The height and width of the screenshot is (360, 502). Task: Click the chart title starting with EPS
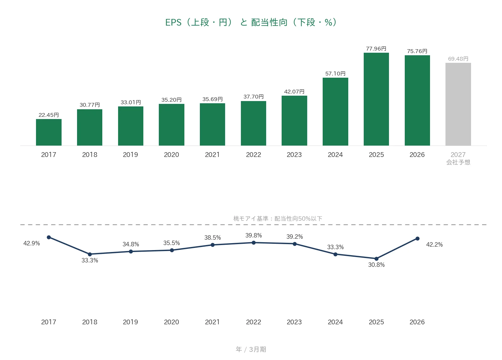coord(251,22)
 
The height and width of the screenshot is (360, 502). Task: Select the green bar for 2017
coord(49,132)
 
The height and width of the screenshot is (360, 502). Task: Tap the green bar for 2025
coord(376,99)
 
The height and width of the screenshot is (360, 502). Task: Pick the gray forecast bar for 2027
coord(458,104)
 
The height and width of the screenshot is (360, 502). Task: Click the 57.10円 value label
coord(335,74)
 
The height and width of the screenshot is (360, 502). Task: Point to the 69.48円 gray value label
coord(458,59)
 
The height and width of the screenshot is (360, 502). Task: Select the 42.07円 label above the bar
coord(294,92)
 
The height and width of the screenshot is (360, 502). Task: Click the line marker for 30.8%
coord(376,259)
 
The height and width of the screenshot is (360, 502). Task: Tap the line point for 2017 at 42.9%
coord(49,237)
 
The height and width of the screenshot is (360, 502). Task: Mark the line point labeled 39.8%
coord(254,243)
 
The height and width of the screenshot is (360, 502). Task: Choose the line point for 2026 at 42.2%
coord(417,238)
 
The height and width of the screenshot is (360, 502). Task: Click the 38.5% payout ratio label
coord(212,237)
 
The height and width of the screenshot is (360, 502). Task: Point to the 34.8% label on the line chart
coord(131,244)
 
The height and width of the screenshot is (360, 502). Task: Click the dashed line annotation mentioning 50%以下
coord(278,218)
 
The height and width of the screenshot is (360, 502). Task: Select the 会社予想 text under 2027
coord(458,162)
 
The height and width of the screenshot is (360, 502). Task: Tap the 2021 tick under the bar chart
coord(212,155)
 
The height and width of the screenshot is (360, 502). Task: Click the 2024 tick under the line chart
coord(335,322)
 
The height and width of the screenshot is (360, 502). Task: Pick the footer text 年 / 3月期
coord(251,349)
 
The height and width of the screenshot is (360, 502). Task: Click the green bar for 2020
coord(171,125)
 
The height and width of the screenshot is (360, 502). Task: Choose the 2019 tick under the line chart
coord(130,322)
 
